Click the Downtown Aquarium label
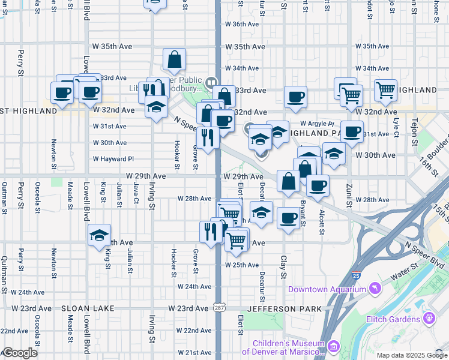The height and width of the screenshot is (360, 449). pyautogui.click(x=327, y=289)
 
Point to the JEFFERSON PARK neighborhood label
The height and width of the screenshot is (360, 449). pyautogui.click(x=285, y=308)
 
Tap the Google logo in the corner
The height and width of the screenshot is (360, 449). pyautogui.click(x=20, y=353)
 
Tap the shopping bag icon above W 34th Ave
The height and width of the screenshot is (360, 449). pyautogui.click(x=174, y=59)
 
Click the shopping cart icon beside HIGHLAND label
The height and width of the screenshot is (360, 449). pyautogui.click(x=385, y=90)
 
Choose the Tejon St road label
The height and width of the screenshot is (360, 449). pyautogui.click(x=413, y=9)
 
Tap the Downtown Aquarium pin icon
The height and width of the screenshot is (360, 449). pyautogui.click(x=376, y=289)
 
